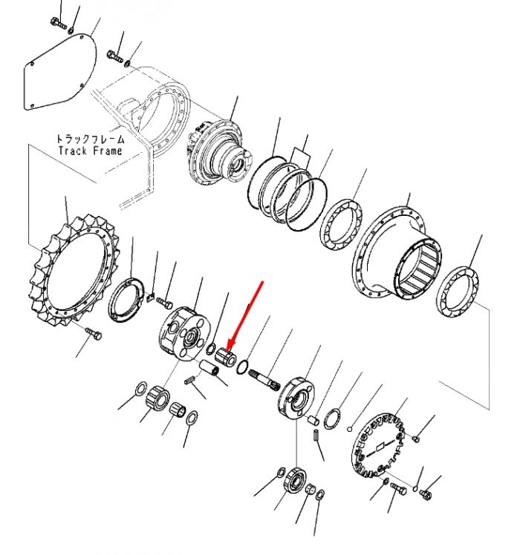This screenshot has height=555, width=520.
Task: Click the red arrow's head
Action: point(230,344)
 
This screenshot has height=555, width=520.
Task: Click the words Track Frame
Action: point(91,151)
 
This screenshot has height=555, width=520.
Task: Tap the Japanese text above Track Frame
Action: point(91,139)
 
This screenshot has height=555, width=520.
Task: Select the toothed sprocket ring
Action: point(74,271)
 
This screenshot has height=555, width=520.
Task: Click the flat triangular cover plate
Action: point(60,72)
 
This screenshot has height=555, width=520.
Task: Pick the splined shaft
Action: point(264,378)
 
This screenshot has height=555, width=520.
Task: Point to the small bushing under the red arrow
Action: point(225,357)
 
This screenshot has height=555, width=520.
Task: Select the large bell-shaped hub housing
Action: point(397,254)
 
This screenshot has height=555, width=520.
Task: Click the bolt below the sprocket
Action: point(94,333)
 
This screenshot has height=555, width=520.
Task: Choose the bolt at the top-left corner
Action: point(58,23)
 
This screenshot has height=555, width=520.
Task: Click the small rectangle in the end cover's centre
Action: point(380,447)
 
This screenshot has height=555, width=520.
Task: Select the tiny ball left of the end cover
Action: point(349,430)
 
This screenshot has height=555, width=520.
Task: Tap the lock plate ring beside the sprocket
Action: point(126,301)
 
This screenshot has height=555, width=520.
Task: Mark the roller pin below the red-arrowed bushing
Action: point(209,369)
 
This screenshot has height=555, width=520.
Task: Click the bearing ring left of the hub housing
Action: point(341,225)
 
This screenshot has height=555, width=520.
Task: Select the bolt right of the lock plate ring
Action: point(164,302)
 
